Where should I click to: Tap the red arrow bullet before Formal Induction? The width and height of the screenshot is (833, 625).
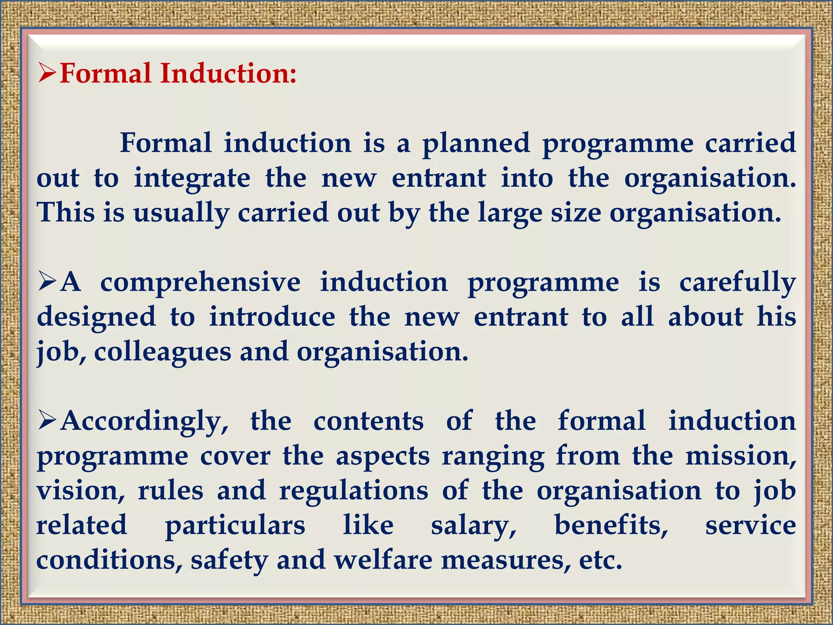tap(47, 73)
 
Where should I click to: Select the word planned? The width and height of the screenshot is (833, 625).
tap(476, 144)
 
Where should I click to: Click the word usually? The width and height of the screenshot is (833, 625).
tap(181, 213)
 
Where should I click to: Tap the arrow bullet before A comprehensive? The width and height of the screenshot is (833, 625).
tap(47, 282)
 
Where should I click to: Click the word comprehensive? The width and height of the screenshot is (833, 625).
tap(201, 282)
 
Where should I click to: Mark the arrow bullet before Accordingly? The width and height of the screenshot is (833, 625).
tap(47, 421)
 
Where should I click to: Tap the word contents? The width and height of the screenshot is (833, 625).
tap(369, 422)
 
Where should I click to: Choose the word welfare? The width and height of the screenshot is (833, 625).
tap(383, 560)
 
